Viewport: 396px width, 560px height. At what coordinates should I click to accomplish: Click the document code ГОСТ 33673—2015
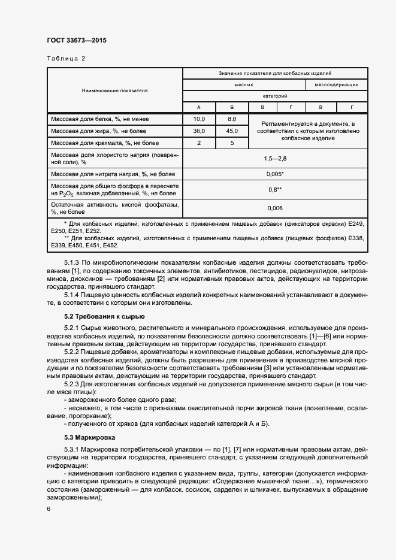[76, 41]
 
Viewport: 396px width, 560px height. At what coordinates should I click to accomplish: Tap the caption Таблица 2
[66, 59]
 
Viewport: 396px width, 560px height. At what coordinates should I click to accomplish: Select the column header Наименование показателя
[114, 90]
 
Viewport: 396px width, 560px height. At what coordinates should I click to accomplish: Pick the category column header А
[198, 107]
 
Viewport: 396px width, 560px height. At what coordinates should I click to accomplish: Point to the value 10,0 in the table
[198, 119]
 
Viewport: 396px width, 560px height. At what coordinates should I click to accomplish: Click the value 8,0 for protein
[232, 119]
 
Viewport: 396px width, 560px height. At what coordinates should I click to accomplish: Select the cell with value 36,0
[198, 131]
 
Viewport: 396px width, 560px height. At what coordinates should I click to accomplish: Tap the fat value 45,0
[232, 131]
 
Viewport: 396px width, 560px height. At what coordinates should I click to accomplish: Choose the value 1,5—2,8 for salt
[275, 158]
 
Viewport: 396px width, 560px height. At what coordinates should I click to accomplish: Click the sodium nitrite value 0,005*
[275, 174]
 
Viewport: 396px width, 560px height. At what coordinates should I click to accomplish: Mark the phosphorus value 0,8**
[275, 190]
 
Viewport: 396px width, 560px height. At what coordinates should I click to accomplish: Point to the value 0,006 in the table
[275, 208]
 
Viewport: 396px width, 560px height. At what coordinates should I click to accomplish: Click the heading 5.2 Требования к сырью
[104, 316]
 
